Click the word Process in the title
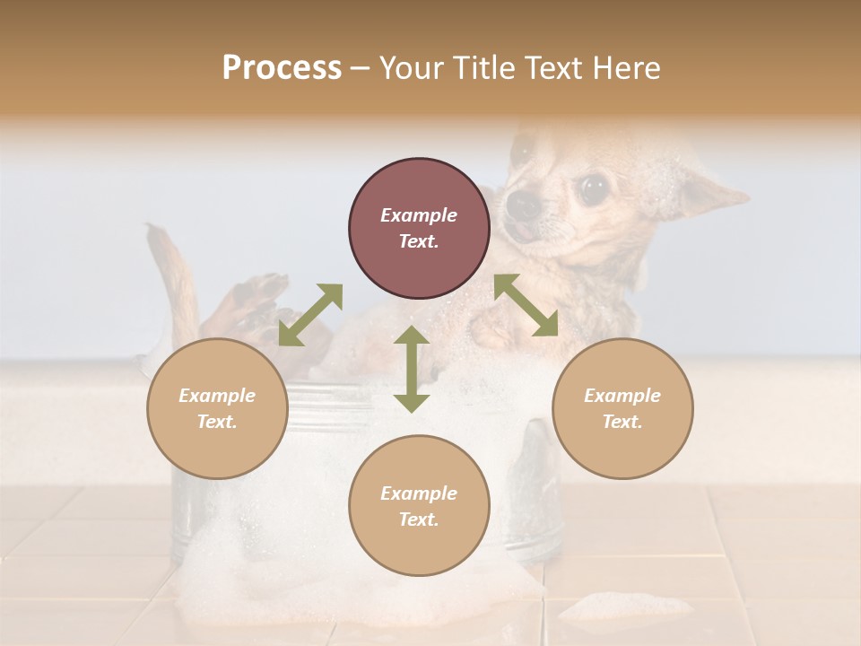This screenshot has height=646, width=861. click(282, 68)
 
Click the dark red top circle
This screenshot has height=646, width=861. click(419, 228)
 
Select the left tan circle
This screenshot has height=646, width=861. click(217, 408)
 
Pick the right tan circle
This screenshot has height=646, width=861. click(622, 408)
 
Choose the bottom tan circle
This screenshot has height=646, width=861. click(419, 506)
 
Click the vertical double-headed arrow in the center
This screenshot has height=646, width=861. click(412, 369)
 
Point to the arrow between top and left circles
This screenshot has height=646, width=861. click(310, 315)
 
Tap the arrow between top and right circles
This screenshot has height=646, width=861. click(526, 305)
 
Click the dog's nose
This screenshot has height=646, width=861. click(523, 205)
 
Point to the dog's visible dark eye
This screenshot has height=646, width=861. click(591, 188)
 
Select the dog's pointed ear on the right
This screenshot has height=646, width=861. click(713, 191)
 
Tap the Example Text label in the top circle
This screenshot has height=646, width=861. click(419, 228)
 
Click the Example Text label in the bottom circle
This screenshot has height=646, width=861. click(419, 506)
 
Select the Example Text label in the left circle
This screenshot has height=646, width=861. click(217, 408)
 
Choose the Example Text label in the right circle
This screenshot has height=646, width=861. click(622, 408)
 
